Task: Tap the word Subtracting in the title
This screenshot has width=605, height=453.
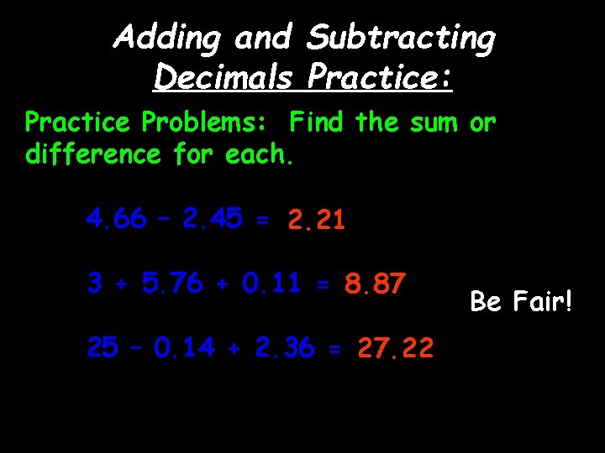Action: (402, 38)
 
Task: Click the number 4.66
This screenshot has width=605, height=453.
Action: (115, 220)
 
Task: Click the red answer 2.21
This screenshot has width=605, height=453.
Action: (316, 221)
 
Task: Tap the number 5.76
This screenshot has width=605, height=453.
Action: (172, 284)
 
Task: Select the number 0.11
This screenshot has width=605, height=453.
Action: (271, 284)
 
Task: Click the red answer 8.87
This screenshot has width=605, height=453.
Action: (375, 284)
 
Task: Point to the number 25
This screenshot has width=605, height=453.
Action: (103, 347)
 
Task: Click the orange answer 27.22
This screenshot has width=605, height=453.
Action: (396, 347)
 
